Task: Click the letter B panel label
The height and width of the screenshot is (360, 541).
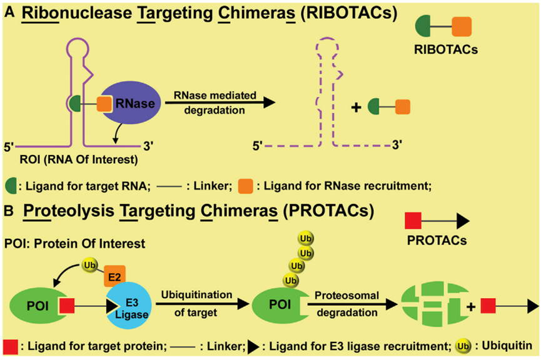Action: point(9,211)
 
